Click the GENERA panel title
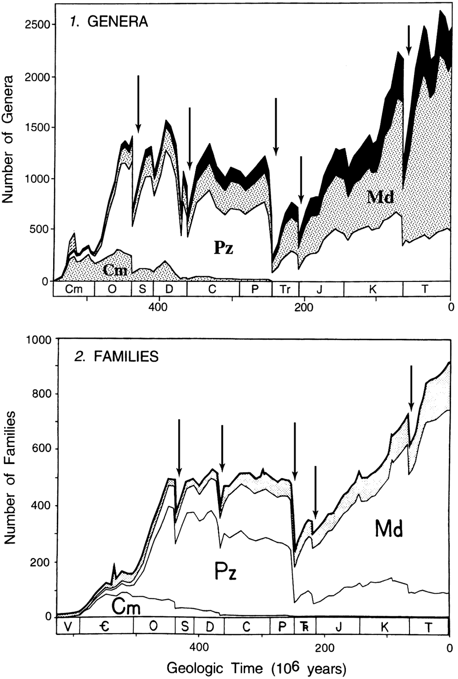(109, 22)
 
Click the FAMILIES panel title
(117, 357)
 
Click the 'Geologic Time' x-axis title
(256, 668)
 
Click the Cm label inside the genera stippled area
(115, 270)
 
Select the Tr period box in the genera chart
(285, 289)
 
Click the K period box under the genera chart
(373, 289)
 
